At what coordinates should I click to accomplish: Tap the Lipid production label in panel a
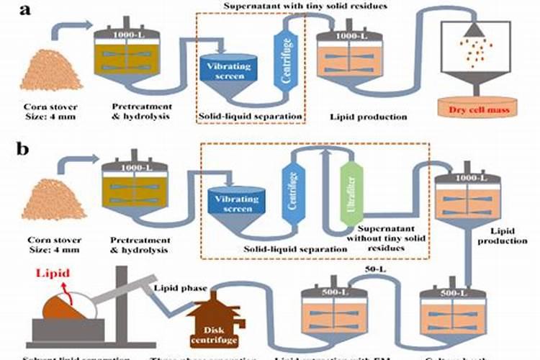point(358,116)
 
